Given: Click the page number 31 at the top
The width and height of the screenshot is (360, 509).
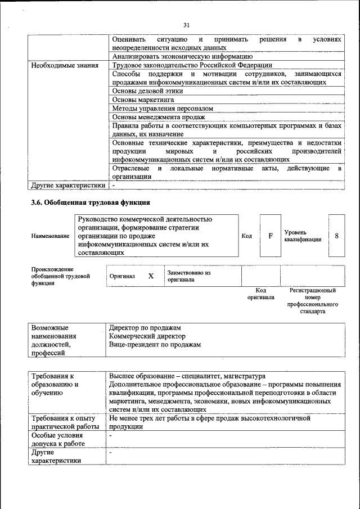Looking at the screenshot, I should tap(187, 25).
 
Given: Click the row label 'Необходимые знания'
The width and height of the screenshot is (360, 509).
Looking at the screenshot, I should tap(64, 65).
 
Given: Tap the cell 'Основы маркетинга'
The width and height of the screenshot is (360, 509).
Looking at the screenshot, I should tap(143, 100).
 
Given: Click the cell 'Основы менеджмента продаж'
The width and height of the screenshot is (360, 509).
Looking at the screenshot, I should tap(158, 117).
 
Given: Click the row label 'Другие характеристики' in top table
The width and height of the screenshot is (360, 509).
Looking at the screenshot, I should tap(68, 184).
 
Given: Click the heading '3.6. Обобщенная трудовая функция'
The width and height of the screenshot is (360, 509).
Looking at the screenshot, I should tap(91, 202).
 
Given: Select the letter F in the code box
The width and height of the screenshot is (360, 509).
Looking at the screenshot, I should tap(270, 236).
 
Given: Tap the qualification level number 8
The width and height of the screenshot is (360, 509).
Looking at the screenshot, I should tap(336, 236).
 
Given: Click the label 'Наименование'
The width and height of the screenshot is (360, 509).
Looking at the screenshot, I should tap(51, 237).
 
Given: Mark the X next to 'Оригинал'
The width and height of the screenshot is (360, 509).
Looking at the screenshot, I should tap(151, 276).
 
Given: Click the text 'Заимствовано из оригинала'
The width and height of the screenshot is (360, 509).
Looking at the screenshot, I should tap(188, 276).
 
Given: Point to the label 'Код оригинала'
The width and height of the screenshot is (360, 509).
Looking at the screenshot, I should tap(260, 294).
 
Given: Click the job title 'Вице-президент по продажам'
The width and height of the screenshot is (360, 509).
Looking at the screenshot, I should tap(155, 344).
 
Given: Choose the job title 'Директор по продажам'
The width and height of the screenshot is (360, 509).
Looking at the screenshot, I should tap(145, 327).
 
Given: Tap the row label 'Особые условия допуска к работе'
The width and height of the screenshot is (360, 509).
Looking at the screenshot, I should tap(58, 439).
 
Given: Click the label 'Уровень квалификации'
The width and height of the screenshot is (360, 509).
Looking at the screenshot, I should tap(302, 236).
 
